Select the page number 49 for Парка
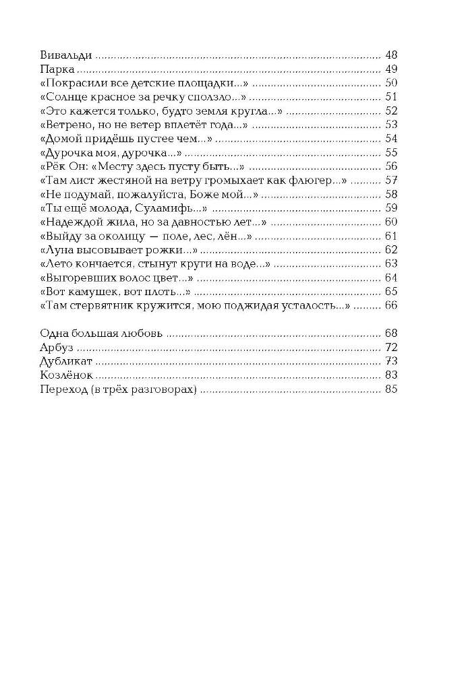(x=391, y=69)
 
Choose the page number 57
(x=391, y=180)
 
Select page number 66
(x=391, y=305)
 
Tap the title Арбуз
(x=57, y=347)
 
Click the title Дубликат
(x=65, y=361)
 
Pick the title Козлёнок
(x=67, y=375)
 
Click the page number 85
(x=391, y=389)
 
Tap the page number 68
(x=391, y=333)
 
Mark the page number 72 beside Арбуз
(x=391, y=347)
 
